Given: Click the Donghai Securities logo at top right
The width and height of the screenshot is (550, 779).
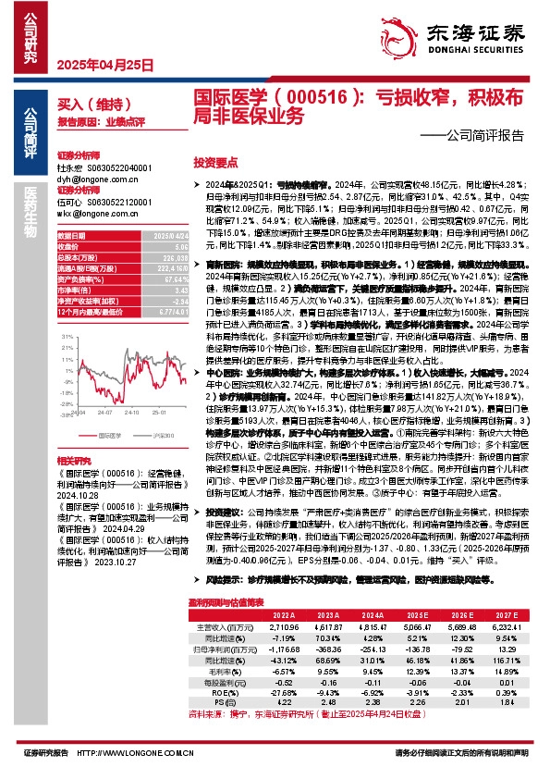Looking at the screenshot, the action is pos(461,34).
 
